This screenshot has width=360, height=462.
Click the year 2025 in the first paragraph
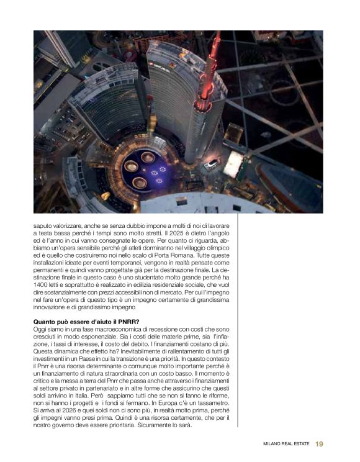(170, 231)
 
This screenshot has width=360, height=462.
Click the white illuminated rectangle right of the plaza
(233, 163)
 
